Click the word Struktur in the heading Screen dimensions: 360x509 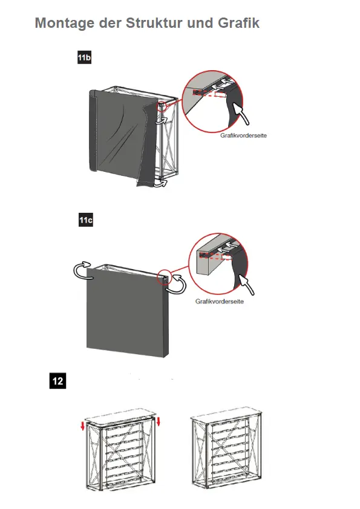tap(153, 23)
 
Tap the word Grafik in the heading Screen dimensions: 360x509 tap(238, 23)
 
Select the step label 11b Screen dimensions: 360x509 tap(85, 57)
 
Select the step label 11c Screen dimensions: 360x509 tap(86, 220)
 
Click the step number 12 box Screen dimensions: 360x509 tap(58, 381)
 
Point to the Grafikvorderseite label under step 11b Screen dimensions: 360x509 tap(243, 135)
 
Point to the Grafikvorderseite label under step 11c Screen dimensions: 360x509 tap(219, 301)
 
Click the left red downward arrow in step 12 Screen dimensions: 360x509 tap(83, 426)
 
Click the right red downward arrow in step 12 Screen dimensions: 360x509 tap(159, 422)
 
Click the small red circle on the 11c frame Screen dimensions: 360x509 tap(164, 277)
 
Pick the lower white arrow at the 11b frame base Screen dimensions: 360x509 tap(160, 184)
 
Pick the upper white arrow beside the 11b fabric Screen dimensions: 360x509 tap(161, 120)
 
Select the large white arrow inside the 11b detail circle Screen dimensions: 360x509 tap(241, 114)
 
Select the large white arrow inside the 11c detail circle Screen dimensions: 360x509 tap(246, 285)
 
